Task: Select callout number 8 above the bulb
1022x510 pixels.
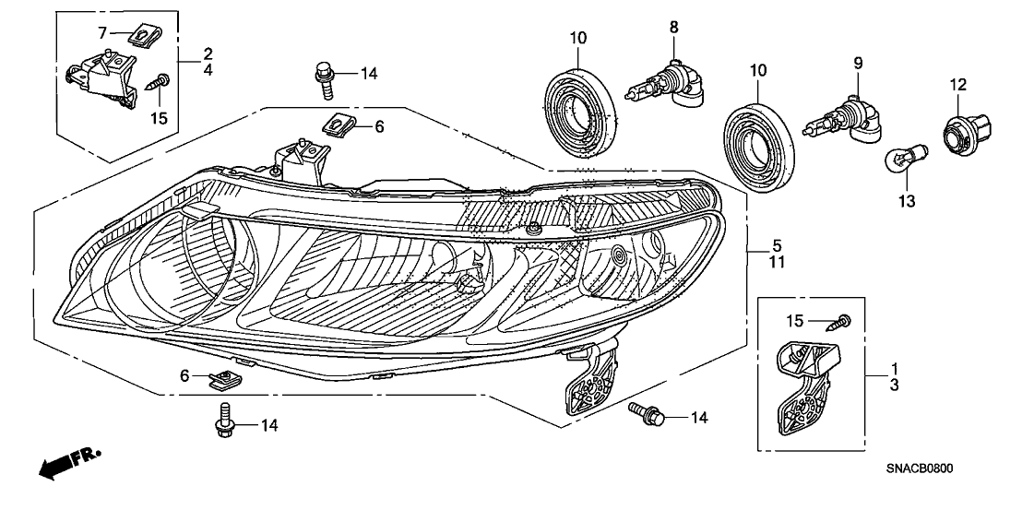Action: [674, 29]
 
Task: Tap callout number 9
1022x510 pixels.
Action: [857, 63]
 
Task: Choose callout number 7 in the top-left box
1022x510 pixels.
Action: [104, 33]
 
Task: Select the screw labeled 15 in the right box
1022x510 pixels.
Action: [843, 321]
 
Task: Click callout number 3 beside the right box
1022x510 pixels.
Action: [894, 385]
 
